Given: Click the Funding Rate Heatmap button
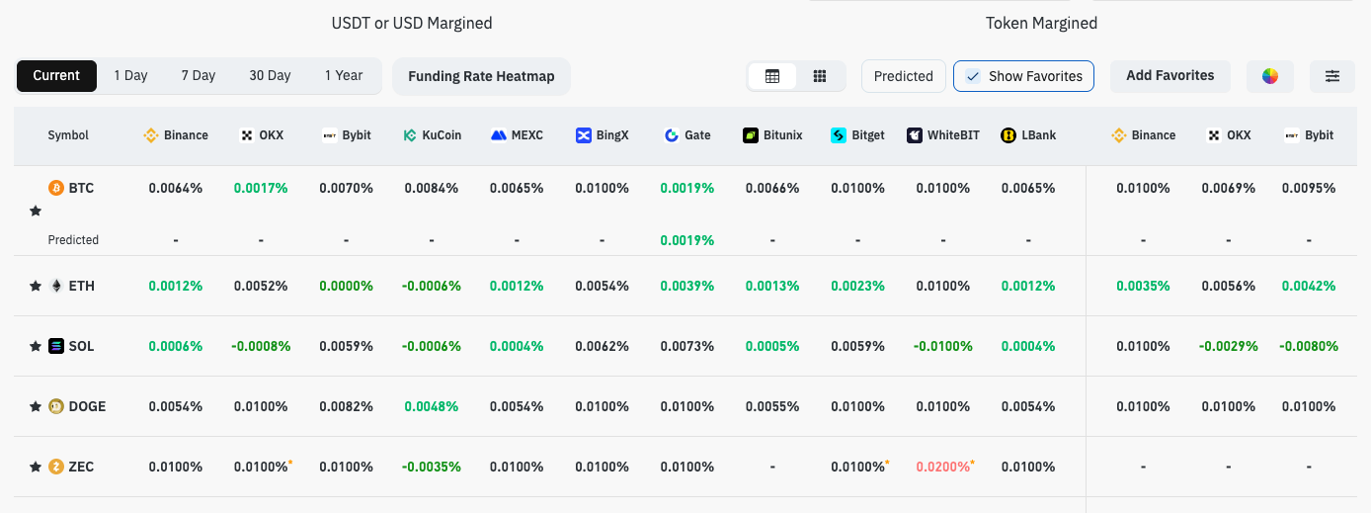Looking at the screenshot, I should click(481, 76).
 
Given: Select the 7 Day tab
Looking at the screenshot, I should click(198, 76).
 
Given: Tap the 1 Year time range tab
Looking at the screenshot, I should click(343, 76).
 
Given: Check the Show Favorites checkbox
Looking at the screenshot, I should click(973, 76).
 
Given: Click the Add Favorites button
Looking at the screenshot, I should click(1169, 76).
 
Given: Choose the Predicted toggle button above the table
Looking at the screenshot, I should click(903, 76).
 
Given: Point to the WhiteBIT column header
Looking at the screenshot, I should click(943, 135).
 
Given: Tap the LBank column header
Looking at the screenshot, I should click(1028, 135).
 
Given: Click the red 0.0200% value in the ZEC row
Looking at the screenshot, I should click(943, 467).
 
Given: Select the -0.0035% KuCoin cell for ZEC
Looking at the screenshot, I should click(432, 467).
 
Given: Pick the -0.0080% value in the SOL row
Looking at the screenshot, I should click(1309, 346).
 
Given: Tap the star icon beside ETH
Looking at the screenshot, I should click(36, 286).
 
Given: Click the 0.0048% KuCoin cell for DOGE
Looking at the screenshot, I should click(432, 406).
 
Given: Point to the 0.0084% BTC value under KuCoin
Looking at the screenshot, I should click(432, 188).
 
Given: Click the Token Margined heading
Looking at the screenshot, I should click(1041, 23).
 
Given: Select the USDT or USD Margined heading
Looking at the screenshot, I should click(412, 23).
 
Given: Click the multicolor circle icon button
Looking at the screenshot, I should click(1270, 76).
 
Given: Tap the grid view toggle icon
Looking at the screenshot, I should click(820, 76).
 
